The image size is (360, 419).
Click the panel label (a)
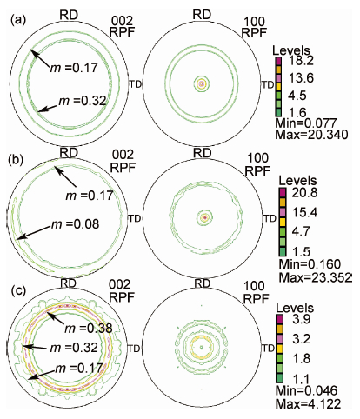coord(18,20)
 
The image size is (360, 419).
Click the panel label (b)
coord(18,159)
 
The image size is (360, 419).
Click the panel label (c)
coord(18,290)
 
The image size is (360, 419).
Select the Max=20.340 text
coord(311,135)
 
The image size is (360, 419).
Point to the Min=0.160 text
coord(310,264)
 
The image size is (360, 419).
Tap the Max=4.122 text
coord(308,403)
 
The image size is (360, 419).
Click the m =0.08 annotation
coord(75,224)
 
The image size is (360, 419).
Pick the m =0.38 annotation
coord(88,329)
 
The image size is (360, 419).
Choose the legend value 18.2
coord(303,61)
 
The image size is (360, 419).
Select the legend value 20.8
coord(304,193)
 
